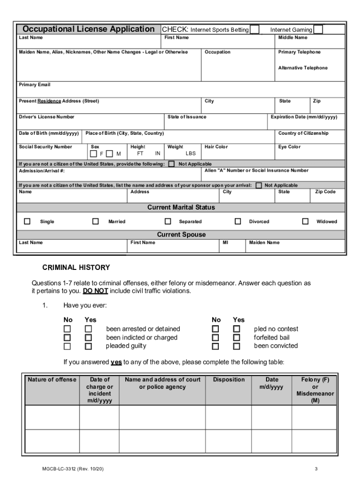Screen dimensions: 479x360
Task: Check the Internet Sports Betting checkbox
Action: [255, 29]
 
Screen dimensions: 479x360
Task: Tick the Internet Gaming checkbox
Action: [318, 29]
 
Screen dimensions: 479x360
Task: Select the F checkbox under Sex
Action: [94, 153]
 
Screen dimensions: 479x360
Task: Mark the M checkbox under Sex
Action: [109, 153]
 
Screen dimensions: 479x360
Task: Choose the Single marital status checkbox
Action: [27, 221]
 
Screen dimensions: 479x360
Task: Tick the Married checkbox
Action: [95, 221]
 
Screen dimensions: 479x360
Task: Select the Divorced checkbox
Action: [238, 221]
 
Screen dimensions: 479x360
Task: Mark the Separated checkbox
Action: [168, 221]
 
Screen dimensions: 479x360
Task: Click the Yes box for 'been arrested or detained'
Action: [88, 329]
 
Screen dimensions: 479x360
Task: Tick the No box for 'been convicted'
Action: [216, 346]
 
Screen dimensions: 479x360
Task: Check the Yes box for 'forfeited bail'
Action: [237, 338]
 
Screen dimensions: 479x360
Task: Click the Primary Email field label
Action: [35, 85]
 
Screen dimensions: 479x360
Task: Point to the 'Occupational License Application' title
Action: [89, 29]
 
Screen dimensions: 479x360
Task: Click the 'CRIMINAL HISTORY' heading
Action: [76, 268]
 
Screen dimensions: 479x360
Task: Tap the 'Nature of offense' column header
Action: [51, 380]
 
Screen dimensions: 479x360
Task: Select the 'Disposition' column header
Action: [229, 380]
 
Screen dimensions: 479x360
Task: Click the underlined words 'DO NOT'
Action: [95, 291]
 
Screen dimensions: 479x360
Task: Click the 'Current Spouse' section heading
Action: [181, 234]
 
